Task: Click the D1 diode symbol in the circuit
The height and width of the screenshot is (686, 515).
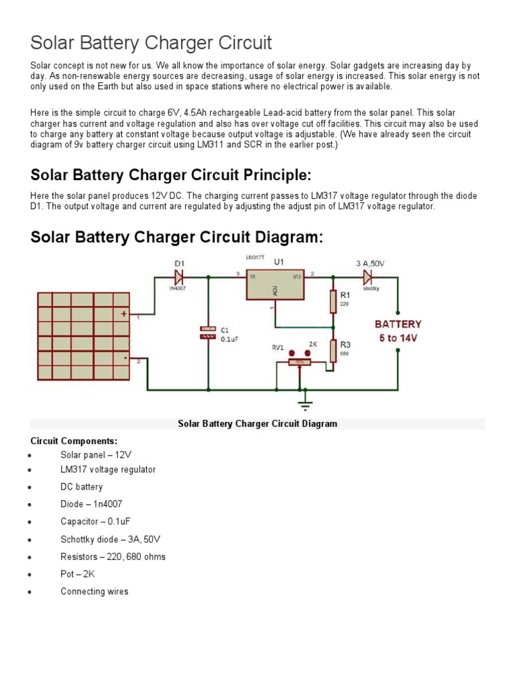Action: (179, 275)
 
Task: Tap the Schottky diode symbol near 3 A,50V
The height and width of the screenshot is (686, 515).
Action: (367, 275)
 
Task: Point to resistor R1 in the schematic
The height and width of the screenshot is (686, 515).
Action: (333, 301)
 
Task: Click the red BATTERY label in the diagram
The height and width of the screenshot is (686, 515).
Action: (398, 324)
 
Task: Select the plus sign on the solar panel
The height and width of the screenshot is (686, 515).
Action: (123, 313)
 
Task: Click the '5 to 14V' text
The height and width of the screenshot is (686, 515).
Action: (398, 338)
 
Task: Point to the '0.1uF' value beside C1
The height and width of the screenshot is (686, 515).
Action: (229, 340)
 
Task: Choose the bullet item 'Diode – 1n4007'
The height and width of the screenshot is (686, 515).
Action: (91, 504)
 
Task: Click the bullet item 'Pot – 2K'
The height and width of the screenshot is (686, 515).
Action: (79, 574)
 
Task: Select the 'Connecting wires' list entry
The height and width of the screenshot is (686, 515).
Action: (94, 592)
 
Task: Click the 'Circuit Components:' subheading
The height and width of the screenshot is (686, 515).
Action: (74, 441)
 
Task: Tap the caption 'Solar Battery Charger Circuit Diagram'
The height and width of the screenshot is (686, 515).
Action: (257, 424)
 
